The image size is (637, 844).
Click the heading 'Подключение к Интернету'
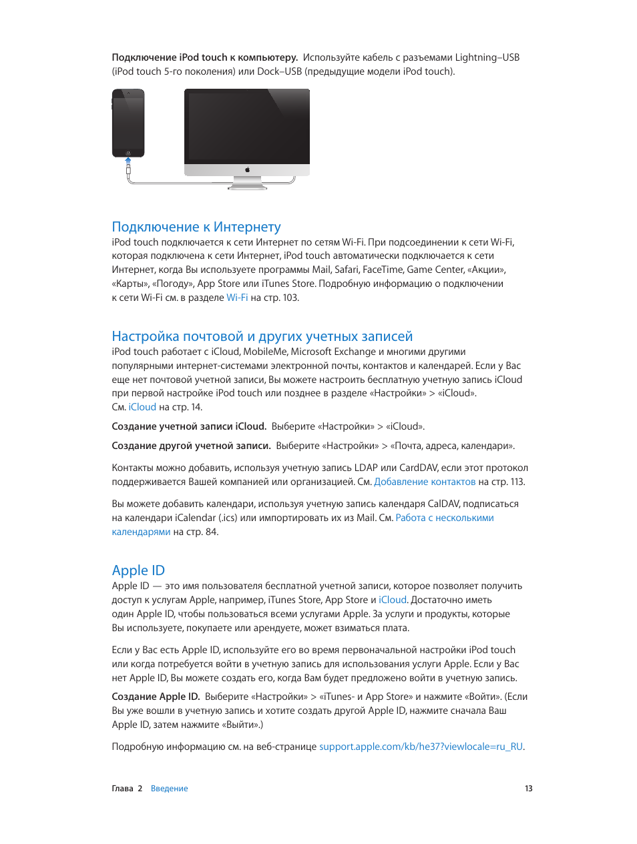tap(196, 227)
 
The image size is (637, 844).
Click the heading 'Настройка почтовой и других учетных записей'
tap(262, 336)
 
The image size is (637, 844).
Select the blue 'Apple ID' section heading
tap(138, 570)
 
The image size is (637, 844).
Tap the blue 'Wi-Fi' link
tap(237, 298)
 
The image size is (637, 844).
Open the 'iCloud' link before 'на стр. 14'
tap(142, 407)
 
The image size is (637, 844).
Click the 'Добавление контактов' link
tap(425, 482)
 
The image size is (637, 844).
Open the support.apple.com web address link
tap(421, 747)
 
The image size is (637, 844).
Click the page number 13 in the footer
tap(528, 789)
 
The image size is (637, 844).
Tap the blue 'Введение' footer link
tap(169, 789)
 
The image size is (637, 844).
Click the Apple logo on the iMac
tap(247, 170)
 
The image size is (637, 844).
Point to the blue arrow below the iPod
tap(128, 161)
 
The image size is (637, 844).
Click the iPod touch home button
tap(128, 153)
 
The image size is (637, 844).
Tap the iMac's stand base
tap(247, 187)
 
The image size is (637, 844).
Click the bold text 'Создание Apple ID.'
tap(156, 697)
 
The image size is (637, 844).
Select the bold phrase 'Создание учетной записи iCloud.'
tap(189, 426)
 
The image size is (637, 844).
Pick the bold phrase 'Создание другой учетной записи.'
tap(191, 446)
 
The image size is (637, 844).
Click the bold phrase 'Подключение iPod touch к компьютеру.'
tap(205, 57)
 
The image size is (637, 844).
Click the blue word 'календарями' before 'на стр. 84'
tap(141, 532)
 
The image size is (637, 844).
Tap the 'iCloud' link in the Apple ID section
tap(393, 600)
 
